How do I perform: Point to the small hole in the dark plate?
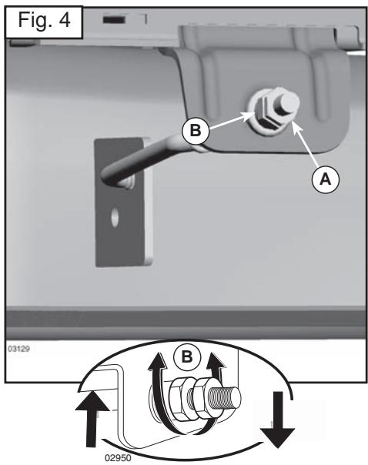point(114,219)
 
